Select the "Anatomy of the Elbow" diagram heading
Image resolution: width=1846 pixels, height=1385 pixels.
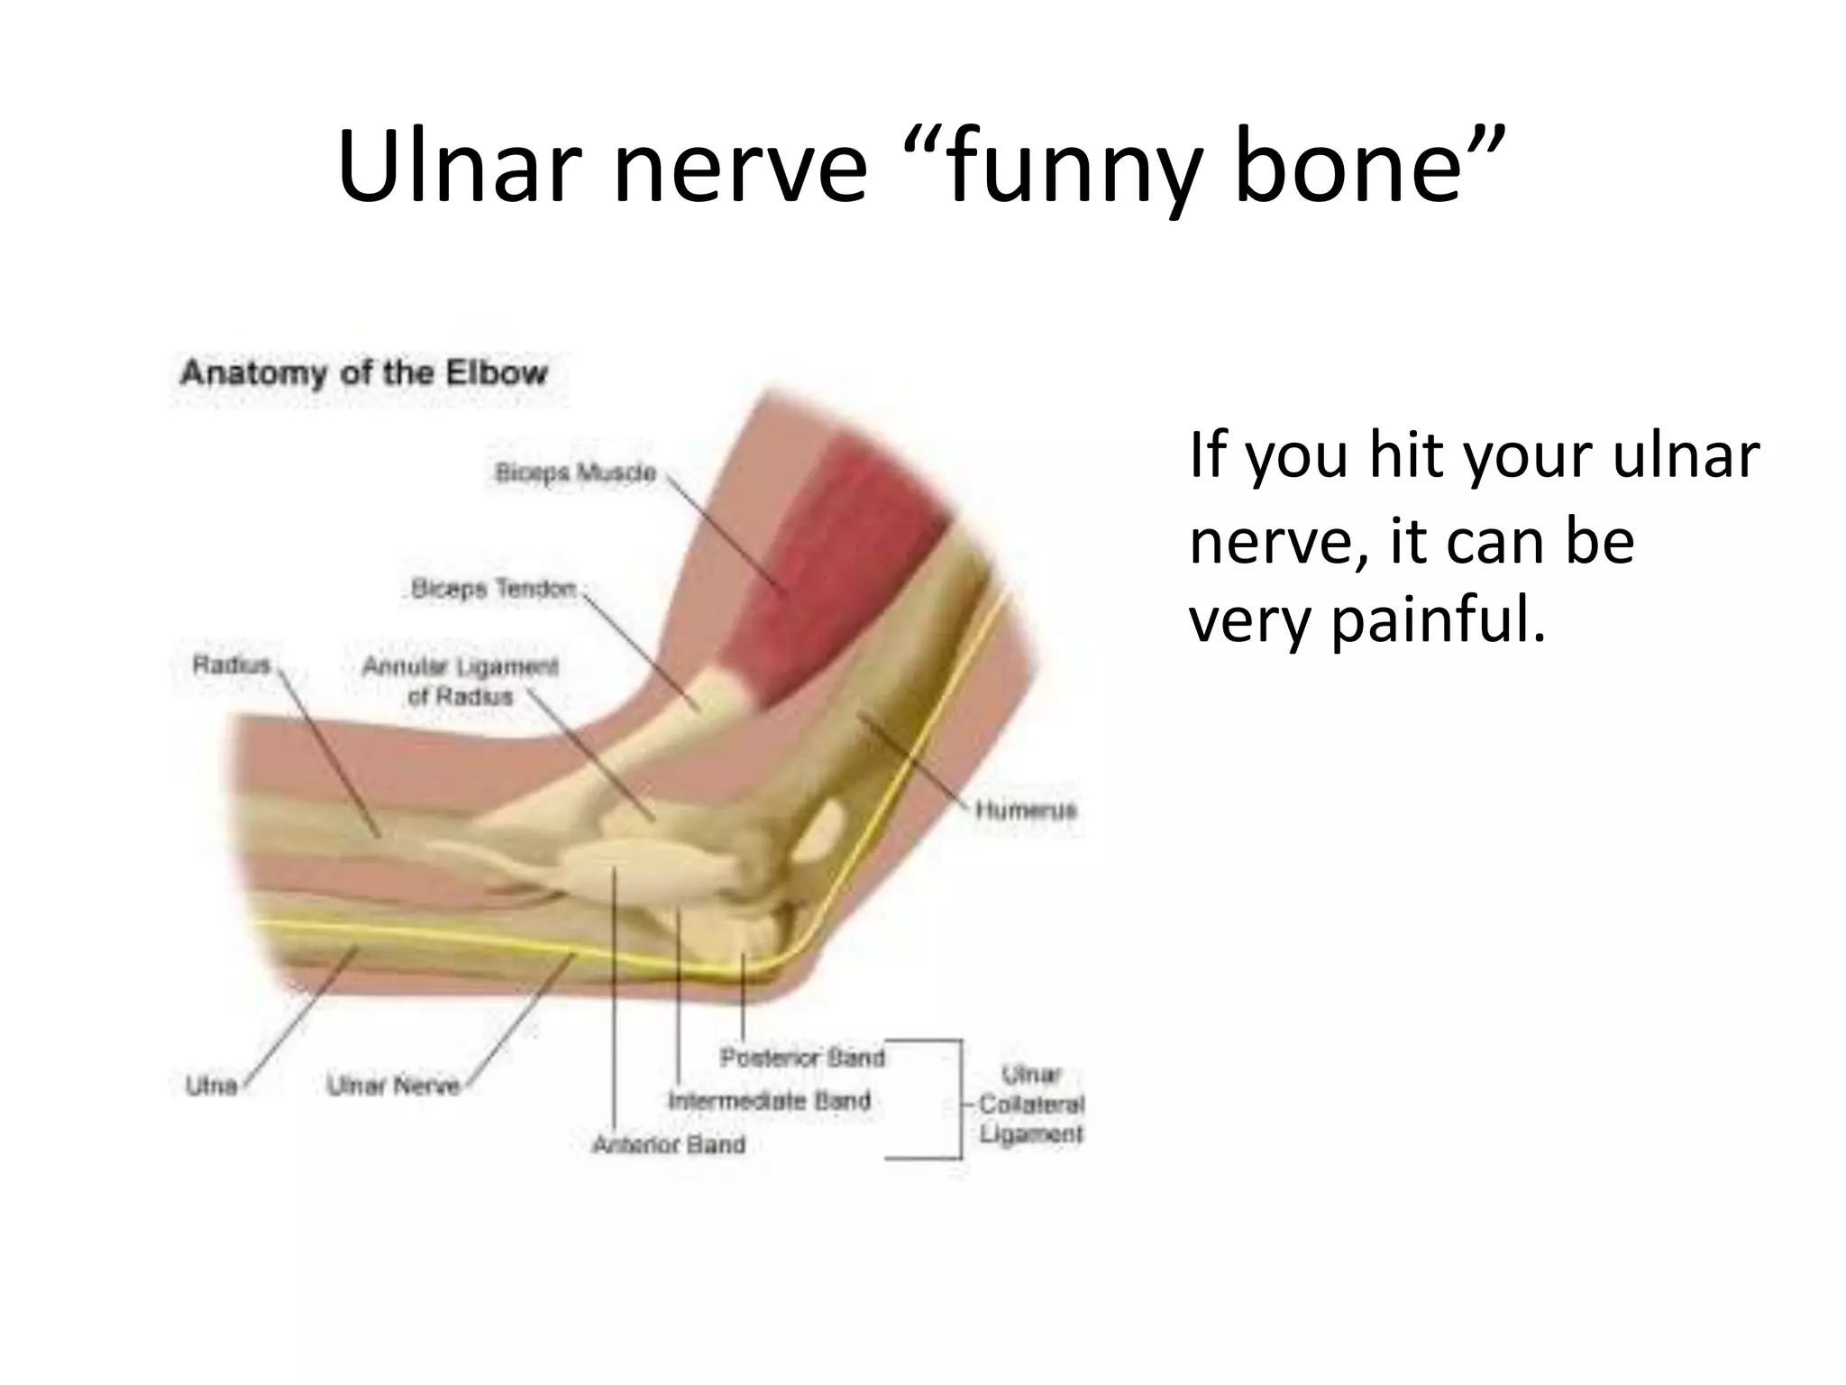[x=363, y=373]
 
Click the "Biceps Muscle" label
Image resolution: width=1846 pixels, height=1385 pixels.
[x=576, y=473]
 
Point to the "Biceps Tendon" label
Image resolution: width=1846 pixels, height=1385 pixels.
[x=493, y=589]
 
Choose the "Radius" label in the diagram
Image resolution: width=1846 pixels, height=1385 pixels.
[x=232, y=665]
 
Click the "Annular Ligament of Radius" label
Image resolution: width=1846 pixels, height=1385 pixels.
[x=460, y=682]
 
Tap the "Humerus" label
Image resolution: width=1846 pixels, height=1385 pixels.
[x=1026, y=810]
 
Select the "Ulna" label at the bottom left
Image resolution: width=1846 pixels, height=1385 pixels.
[x=211, y=1085]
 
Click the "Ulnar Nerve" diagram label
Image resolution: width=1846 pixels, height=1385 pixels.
[x=393, y=1086]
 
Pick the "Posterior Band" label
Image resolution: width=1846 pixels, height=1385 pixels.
[x=802, y=1057]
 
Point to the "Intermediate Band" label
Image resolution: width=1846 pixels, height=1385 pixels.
[x=769, y=1101]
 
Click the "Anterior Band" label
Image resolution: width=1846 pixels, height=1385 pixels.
[x=669, y=1144]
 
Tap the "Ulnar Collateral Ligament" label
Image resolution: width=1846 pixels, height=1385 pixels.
[x=1031, y=1104]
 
